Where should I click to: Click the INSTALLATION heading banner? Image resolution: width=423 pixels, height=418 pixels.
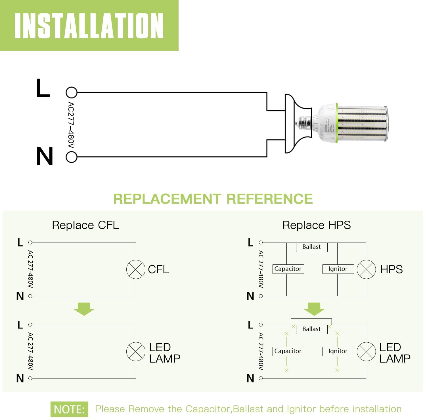tap(89, 26)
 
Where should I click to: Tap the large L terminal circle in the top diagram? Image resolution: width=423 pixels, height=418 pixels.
tap(71, 92)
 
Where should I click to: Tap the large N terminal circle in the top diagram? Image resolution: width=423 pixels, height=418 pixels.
tap(71, 157)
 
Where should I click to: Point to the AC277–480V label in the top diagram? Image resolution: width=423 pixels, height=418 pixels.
tap(71, 125)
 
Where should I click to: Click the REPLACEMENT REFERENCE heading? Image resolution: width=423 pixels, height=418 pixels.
tap(213, 199)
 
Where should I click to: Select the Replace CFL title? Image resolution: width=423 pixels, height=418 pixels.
tap(85, 225)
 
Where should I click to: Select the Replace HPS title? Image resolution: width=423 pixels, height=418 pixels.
tap(316, 225)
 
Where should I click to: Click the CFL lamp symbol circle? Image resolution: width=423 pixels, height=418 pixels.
tap(136, 269)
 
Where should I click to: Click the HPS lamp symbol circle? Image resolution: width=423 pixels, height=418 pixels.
tap(366, 269)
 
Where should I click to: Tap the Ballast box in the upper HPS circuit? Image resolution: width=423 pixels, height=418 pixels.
tap(311, 247)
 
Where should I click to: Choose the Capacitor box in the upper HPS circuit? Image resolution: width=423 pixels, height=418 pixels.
tap(288, 269)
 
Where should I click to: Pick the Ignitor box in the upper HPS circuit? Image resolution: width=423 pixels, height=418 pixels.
tap(338, 269)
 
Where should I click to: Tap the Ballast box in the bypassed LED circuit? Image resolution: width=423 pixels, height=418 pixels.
tap(311, 329)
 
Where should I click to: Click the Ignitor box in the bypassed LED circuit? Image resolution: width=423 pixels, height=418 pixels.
tap(338, 351)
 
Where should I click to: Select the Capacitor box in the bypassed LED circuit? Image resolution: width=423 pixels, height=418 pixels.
tap(288, 351)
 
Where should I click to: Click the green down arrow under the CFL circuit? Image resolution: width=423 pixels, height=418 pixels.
tap(84, 309)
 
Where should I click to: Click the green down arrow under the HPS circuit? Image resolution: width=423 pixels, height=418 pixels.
tap(314, 309)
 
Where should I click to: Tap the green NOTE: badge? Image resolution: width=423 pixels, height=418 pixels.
tap(69, 409)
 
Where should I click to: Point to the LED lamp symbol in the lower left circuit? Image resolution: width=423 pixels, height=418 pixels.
tap(136, 352)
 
